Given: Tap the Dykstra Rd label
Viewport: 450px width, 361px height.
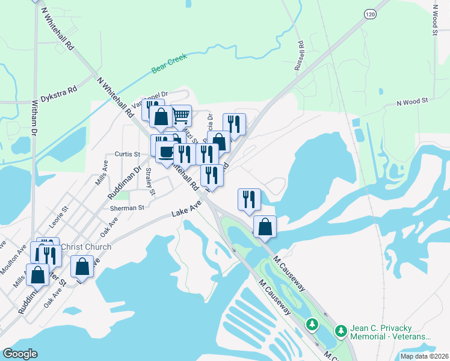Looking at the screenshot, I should [x=60, y=94].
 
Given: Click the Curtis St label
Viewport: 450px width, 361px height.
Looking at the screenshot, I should [x=128, y=154].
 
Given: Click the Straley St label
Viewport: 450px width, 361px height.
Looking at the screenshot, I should [x=149, y=182].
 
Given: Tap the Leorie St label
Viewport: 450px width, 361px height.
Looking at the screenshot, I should [x=60, y=216].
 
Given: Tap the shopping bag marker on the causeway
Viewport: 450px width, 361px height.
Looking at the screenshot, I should [x=265, y=227].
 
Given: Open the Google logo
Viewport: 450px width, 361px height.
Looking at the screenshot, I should [x=20, y=354].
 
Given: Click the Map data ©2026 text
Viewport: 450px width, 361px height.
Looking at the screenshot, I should [x=424, y=356].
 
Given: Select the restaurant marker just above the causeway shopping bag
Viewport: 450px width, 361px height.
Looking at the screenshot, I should [x=249, y=200].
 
